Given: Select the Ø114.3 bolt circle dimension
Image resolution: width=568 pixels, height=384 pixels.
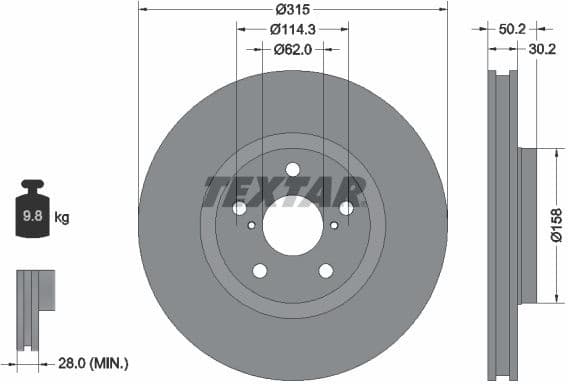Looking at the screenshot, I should (293, 29).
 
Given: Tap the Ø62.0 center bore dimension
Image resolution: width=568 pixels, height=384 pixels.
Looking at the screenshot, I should (293, 47).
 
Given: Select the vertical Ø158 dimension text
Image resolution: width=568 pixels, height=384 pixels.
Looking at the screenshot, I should (557, 225).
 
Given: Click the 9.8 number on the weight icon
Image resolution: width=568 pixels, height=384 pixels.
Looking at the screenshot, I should (33, 216).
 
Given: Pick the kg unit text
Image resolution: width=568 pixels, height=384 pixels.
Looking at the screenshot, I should (61, 216).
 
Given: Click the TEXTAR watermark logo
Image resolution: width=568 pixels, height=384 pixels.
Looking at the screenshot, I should (285, 190).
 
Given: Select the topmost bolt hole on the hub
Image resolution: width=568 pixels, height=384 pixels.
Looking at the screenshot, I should (293, 169).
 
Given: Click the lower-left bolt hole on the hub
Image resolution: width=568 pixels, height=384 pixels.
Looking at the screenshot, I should (260, 270).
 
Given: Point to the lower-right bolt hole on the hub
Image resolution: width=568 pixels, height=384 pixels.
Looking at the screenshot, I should (326, 270).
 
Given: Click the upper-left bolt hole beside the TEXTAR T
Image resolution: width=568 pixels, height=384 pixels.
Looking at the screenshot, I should (240, 208).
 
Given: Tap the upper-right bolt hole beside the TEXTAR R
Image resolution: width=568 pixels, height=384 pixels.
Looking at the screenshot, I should (346, 208).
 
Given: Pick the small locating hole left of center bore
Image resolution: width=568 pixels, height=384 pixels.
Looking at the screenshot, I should (250, 225).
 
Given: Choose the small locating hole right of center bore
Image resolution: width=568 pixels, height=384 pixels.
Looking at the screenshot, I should (336, 225).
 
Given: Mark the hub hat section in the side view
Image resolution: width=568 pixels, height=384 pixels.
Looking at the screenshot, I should (528, 225).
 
